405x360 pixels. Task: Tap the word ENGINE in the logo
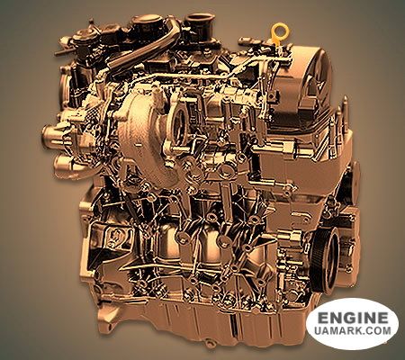(353, 318)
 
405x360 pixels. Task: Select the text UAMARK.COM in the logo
(353, 330)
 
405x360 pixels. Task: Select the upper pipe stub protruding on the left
(53, 133)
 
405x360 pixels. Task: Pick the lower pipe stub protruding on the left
(63, 165)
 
